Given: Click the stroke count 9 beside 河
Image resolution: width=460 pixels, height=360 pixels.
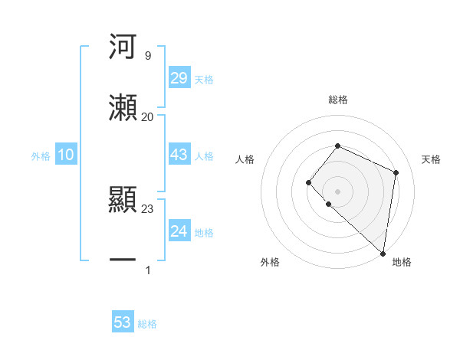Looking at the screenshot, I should point(147,56).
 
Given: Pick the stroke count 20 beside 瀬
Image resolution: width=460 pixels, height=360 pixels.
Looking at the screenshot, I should point(147,116).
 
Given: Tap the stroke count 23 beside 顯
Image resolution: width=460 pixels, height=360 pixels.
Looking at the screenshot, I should point(147,208).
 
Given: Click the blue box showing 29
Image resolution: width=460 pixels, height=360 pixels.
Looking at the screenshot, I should point(179,78).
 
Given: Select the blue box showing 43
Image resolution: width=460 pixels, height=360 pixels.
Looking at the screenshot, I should point(179,155).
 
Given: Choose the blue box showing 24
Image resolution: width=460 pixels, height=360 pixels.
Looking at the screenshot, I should point(179,231).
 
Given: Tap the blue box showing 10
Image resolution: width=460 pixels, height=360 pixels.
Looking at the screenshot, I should point(66,155).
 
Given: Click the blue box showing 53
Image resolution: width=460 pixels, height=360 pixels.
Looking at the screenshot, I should point(123,322).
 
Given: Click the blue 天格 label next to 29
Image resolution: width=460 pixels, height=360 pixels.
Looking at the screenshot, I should point(204,79).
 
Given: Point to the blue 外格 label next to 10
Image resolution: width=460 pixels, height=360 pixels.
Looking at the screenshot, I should point(41,155).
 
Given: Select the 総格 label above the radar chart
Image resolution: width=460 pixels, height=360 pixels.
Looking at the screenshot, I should point(337,100).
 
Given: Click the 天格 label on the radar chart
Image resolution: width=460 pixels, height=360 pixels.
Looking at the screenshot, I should point(431,159).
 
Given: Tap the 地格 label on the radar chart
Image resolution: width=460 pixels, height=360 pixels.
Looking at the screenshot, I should point(402,262).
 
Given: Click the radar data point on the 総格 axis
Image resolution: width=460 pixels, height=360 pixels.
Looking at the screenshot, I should point(337,146).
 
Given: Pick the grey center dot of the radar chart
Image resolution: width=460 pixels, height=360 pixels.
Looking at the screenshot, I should point(337,191).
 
